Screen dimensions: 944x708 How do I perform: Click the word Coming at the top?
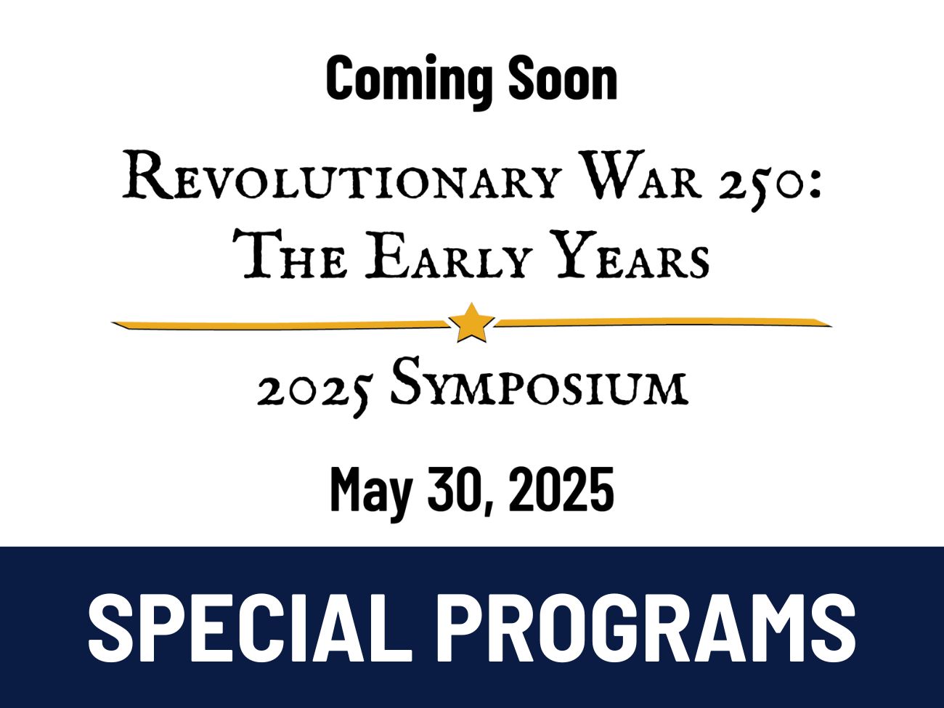pos(409,81)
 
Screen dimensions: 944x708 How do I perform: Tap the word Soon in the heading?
pos(563,78)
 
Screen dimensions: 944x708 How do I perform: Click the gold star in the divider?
pos(471,323)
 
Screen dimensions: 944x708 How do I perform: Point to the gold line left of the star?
pos(280,325)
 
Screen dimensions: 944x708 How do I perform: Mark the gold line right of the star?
pos(663,322)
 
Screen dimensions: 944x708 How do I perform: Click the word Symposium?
pos(540,383)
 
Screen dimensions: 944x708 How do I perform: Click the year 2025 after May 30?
pos(561,489)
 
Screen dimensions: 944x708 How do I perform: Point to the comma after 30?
pos(488,508)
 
